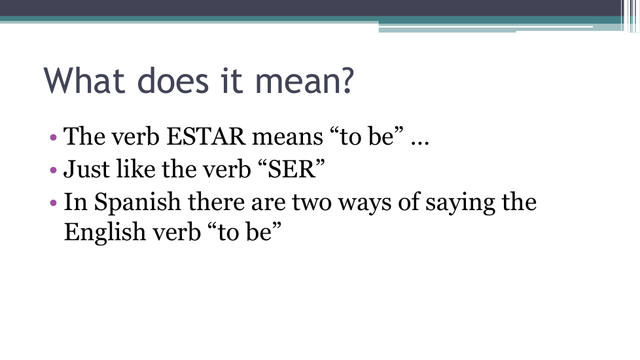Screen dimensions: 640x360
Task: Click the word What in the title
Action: click(x=84, y=81)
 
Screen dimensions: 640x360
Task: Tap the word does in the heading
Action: click(x=173, y=81)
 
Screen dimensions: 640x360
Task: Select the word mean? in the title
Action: click(x=304, y=81)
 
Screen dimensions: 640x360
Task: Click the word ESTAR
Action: click(x=206, y=136)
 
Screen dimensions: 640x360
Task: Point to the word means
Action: click(x=287, y=137)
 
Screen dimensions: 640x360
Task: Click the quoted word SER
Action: click(x=292, y=169)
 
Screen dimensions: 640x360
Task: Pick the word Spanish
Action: click(x=137, y=202)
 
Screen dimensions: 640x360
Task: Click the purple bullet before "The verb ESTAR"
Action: click(x=53, y=137)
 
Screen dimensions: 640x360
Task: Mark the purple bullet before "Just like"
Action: click(x=53, y=170)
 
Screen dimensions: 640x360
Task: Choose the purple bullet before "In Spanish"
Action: click(x=53, y=202)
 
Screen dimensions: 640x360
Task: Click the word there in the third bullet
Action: click(x=216, y=202)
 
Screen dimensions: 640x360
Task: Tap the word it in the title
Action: click(x=232, y=81)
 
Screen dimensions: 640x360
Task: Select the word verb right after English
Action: click(x=177, y=232)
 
